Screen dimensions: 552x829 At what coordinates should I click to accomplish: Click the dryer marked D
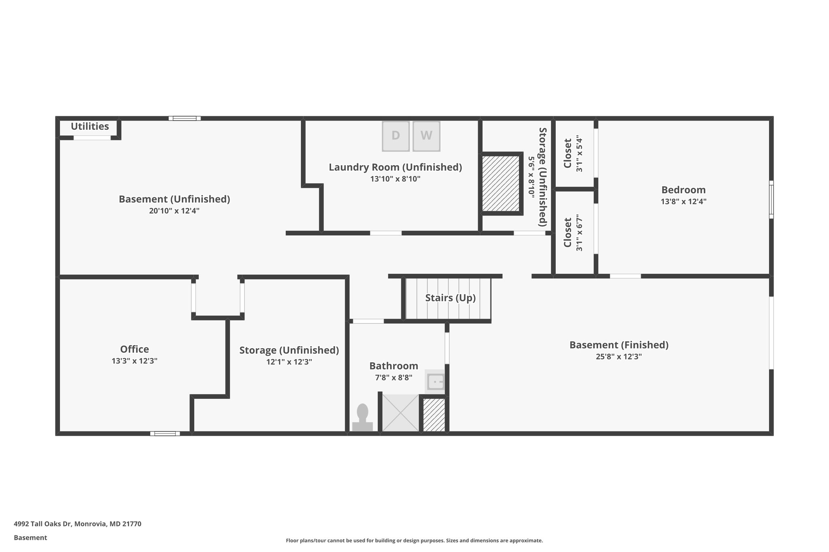point(395,136)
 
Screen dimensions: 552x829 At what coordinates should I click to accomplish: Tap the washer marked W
point(426,136)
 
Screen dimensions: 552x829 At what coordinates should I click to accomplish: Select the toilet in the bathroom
point(362,418)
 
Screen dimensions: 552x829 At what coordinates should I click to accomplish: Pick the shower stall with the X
point(400,412)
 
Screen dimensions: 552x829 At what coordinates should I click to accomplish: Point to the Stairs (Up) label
point(450,298)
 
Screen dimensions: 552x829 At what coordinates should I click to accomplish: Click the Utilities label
point(90,127)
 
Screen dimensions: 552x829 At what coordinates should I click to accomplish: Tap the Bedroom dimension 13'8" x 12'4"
point(683,201)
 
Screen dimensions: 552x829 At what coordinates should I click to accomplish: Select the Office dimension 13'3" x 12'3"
point(134,361)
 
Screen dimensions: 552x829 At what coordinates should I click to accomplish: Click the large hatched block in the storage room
point(501,183)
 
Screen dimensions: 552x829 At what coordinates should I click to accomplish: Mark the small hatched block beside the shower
point(434,415)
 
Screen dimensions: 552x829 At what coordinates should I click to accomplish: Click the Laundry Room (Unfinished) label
point(395,167)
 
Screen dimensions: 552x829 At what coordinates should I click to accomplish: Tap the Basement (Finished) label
point(619,345)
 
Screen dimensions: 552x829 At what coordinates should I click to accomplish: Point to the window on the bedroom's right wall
point(771,199)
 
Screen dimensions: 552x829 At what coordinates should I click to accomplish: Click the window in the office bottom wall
point(165,434)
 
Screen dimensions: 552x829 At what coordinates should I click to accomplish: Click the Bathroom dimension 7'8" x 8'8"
point(393,378)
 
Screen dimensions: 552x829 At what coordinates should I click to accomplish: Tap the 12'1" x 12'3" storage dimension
point(289,362)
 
